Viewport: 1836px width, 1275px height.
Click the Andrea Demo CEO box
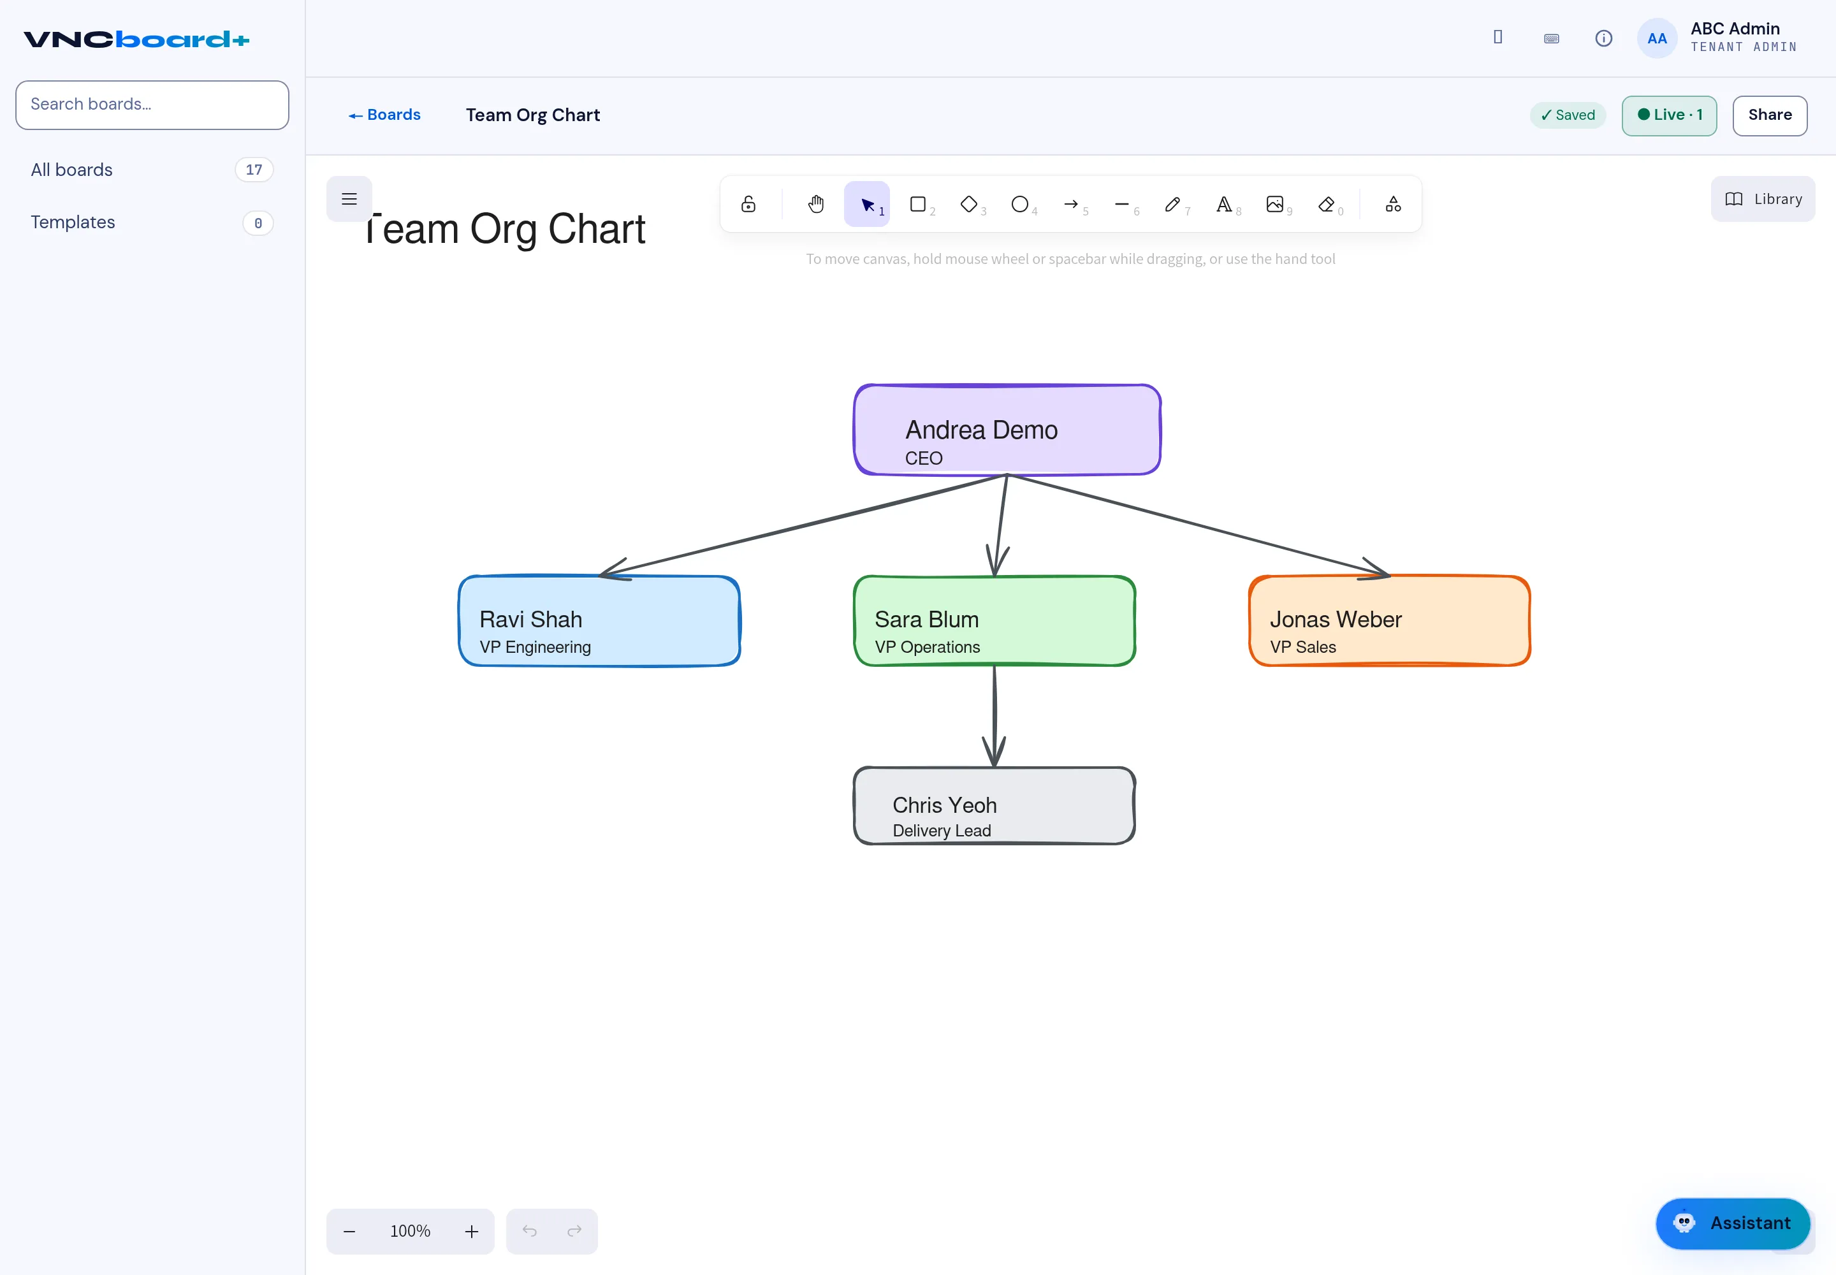[1007, 430]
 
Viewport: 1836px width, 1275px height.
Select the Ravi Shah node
[599, 621]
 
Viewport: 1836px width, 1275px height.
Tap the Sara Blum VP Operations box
[994, 621]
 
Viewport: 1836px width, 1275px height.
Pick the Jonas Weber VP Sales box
[1389, 621]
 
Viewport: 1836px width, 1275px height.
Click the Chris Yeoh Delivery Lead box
[994, 805]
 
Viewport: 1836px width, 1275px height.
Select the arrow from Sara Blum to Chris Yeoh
[994, 716]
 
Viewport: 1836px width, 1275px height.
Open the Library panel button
[1763, 199]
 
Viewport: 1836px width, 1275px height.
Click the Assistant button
[1732, 1223]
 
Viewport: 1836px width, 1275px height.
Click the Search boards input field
[152, 105]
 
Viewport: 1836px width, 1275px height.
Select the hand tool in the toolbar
[816, 205]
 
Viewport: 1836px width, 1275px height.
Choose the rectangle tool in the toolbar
[918, 205]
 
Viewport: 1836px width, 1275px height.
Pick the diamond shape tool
[969, 205]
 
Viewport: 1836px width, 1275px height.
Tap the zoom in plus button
[471, 1231]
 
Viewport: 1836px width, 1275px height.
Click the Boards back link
[384, 115]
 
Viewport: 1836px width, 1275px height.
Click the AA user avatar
[1657, 38]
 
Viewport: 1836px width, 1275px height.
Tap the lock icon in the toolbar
[748, 205]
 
